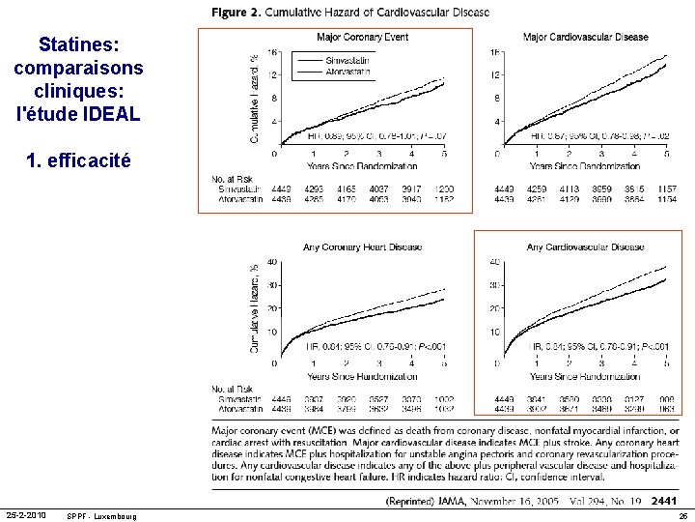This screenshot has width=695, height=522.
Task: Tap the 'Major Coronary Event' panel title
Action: tap(362, 38)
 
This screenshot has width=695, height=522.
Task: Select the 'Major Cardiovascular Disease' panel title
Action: tap(585, 38)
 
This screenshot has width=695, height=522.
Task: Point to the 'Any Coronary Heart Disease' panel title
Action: tap(362, 247)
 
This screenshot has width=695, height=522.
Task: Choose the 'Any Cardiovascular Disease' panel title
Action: tap(585, 247)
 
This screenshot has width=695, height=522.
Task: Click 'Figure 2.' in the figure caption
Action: tap(235, 12)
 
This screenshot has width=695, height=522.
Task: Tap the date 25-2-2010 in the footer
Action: tap(28, 515)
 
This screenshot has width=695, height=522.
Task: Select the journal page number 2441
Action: tap(664, 501)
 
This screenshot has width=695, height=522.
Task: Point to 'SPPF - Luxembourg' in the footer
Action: tap(101, 516)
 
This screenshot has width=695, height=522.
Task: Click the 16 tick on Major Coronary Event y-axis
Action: tap(273, 52)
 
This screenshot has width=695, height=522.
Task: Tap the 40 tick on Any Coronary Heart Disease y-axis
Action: tap(271, 262)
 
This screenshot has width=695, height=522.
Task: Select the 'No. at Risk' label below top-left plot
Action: tap(232, 178)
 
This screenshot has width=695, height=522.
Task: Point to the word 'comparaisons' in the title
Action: tap(78, 69)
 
